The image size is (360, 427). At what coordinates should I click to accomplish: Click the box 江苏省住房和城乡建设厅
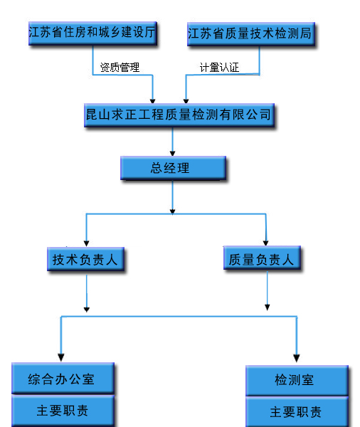(92, 33)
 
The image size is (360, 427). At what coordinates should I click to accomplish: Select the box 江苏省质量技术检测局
(251, 34)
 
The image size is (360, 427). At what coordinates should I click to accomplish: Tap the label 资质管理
(120, 68)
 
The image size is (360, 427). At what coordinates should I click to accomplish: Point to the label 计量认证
(219, 68)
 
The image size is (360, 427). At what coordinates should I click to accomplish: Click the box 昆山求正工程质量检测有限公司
(179, 115)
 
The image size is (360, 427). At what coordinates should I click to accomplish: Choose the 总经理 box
(173, 168)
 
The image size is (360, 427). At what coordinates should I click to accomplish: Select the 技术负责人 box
(85, 259)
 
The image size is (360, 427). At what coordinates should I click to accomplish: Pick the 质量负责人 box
(262, 258)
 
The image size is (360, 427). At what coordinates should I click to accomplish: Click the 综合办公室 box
(63, 379)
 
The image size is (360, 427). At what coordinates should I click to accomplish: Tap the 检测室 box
(297, 380)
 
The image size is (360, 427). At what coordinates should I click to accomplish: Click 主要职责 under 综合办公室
(63, 411)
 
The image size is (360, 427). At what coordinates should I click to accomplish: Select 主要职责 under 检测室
(297, 412)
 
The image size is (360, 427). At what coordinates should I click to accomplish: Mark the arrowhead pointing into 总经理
(172, 153)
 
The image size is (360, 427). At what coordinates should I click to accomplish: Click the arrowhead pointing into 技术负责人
(86, 243)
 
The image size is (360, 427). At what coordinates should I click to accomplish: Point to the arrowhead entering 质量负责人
(266, 243)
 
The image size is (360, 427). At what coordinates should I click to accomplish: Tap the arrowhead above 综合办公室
(61, 357)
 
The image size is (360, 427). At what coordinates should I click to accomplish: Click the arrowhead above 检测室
(297, 358)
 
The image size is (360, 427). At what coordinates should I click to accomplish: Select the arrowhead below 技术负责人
(87, 310)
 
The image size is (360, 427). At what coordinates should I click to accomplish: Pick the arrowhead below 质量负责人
(268, 307)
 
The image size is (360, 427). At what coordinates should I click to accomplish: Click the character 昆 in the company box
(92, 115)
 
